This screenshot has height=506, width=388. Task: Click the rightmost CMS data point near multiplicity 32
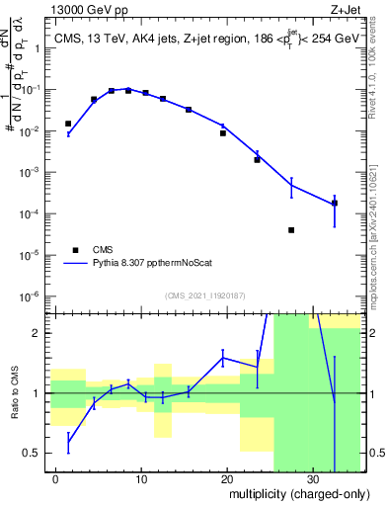tap(335, 203)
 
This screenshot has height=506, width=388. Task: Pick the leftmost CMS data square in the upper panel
tap(68, 124)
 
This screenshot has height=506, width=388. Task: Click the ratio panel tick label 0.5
tap(34, 454)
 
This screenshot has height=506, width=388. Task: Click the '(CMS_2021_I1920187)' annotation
tap(204, 295)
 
